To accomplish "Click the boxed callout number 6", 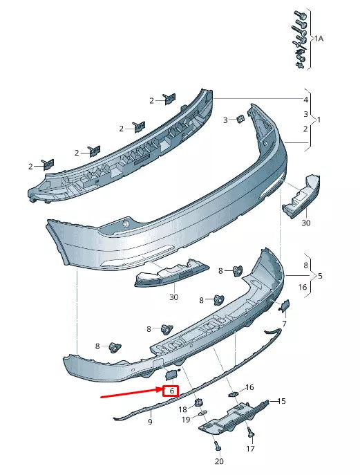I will pos(170,391).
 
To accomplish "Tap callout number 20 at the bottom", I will pos(219,461).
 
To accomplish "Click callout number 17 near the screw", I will pos(250,449).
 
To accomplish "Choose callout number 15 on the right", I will pos(281,401).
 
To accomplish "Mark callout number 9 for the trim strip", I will pos(150,421).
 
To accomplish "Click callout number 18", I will pos(183,409).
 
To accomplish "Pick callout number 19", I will pos(186,420).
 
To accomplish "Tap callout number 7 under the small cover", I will pos(283,324).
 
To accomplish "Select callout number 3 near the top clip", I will pos(225,120).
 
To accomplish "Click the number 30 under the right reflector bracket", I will pos(306,223).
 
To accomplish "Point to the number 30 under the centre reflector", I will pos(173,297).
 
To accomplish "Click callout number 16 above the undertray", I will pos(249,387).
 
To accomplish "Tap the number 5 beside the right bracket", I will pos(320,276).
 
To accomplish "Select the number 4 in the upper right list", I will pos(306,100).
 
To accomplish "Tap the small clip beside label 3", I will pos(239,118).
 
